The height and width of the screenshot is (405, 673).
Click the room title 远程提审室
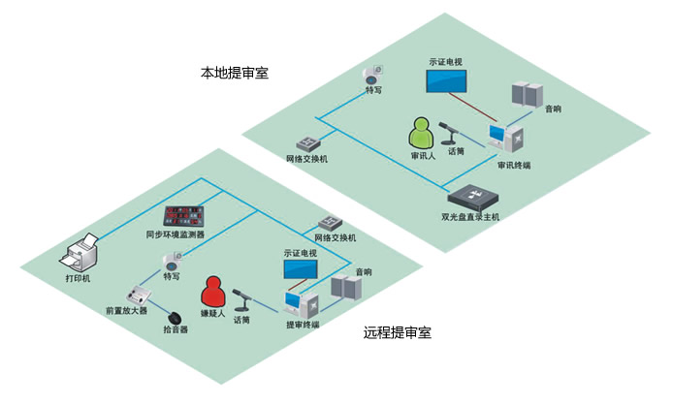click(x=398, y=333)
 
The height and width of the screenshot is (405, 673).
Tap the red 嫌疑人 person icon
click(x=213, y=293)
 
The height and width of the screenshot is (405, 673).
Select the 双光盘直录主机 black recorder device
click(x=471, y=199)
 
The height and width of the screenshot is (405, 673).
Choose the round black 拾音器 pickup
click(x=175, y=317)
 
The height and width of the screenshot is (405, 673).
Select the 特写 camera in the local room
click(x=372, y=75)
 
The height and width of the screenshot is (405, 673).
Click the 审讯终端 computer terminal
click(x=508, y=140)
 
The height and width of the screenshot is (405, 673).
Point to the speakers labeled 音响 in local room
click(x=529, y=96)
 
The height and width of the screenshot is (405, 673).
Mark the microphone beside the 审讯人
click(x=452, y=129)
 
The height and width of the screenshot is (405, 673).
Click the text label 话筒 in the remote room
click(x=241, y=321)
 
